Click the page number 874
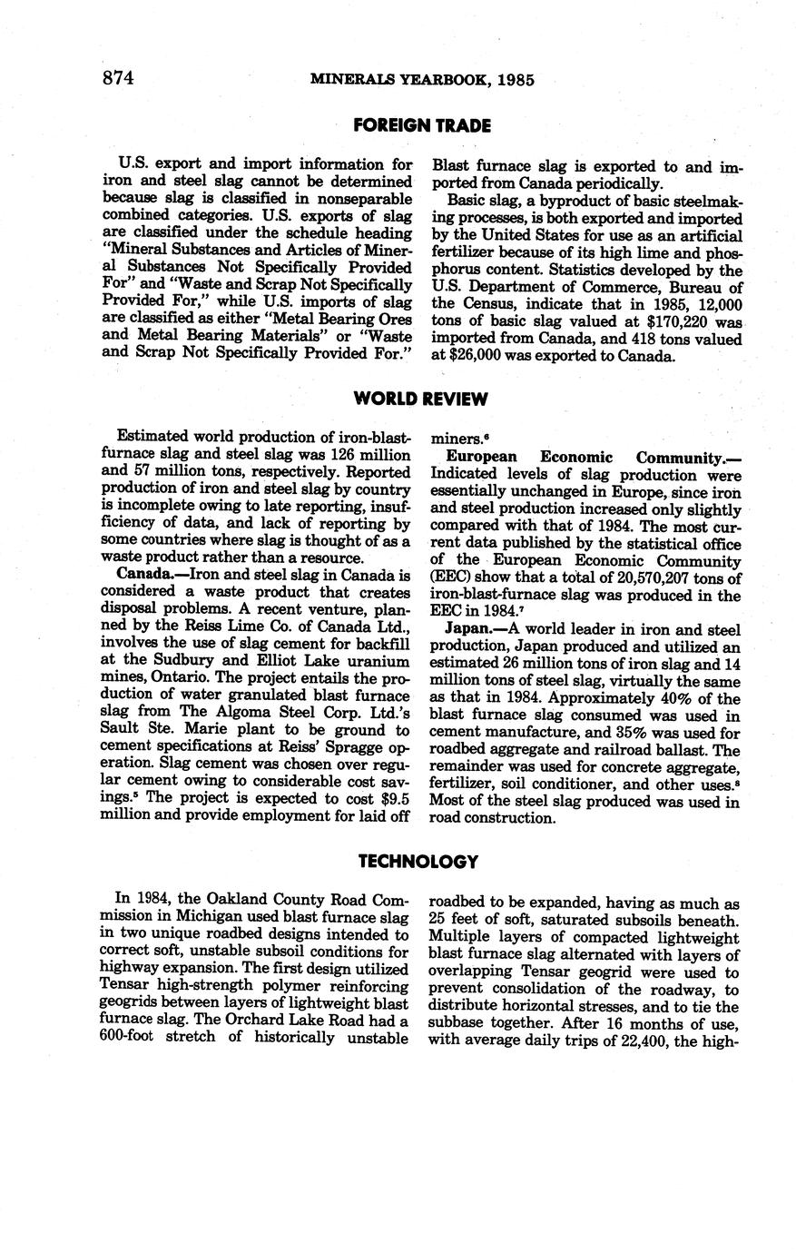coord(118,79)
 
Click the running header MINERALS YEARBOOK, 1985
coord(422,80)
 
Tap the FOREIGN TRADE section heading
coord(422,126)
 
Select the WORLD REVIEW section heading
coord(421,400)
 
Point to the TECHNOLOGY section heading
coord(418,861)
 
